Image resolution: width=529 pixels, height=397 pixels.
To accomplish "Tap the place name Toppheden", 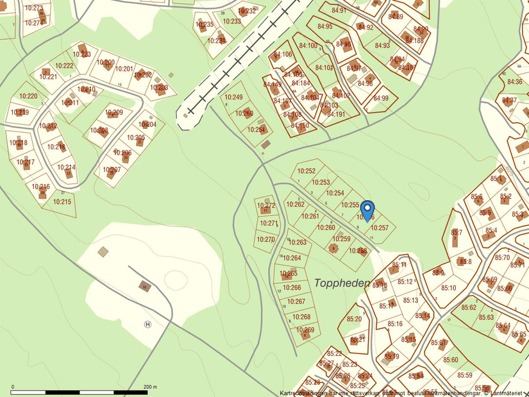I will pos(342,283).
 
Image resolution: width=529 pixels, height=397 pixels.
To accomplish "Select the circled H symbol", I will pos(148,325).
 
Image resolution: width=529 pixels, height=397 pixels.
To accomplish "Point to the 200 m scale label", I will pos(150,387).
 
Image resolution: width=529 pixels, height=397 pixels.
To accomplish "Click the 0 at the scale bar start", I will pos(12,387).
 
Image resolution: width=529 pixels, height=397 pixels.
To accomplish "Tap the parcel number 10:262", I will pos(296,205).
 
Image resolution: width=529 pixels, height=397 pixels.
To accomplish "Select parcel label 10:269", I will pos(305,330).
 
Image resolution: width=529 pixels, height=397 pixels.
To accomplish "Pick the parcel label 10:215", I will pos(62,202).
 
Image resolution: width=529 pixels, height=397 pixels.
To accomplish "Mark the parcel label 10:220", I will pos(28,96).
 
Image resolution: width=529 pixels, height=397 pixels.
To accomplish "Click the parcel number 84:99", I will pos(381,98).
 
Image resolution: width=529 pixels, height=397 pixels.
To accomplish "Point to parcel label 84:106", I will pos(283,55).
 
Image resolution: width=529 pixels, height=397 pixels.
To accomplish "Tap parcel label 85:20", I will pos(354,319).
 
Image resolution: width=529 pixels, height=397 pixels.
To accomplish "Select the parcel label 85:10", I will pos(449,288).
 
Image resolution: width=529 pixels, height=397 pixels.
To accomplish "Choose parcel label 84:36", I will pos(514,81).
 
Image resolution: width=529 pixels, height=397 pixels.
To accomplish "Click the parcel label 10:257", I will pos(380,228).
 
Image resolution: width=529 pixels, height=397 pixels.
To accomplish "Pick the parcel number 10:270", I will pos(265,239).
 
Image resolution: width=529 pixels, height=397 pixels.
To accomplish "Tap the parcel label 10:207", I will pos(112,170).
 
